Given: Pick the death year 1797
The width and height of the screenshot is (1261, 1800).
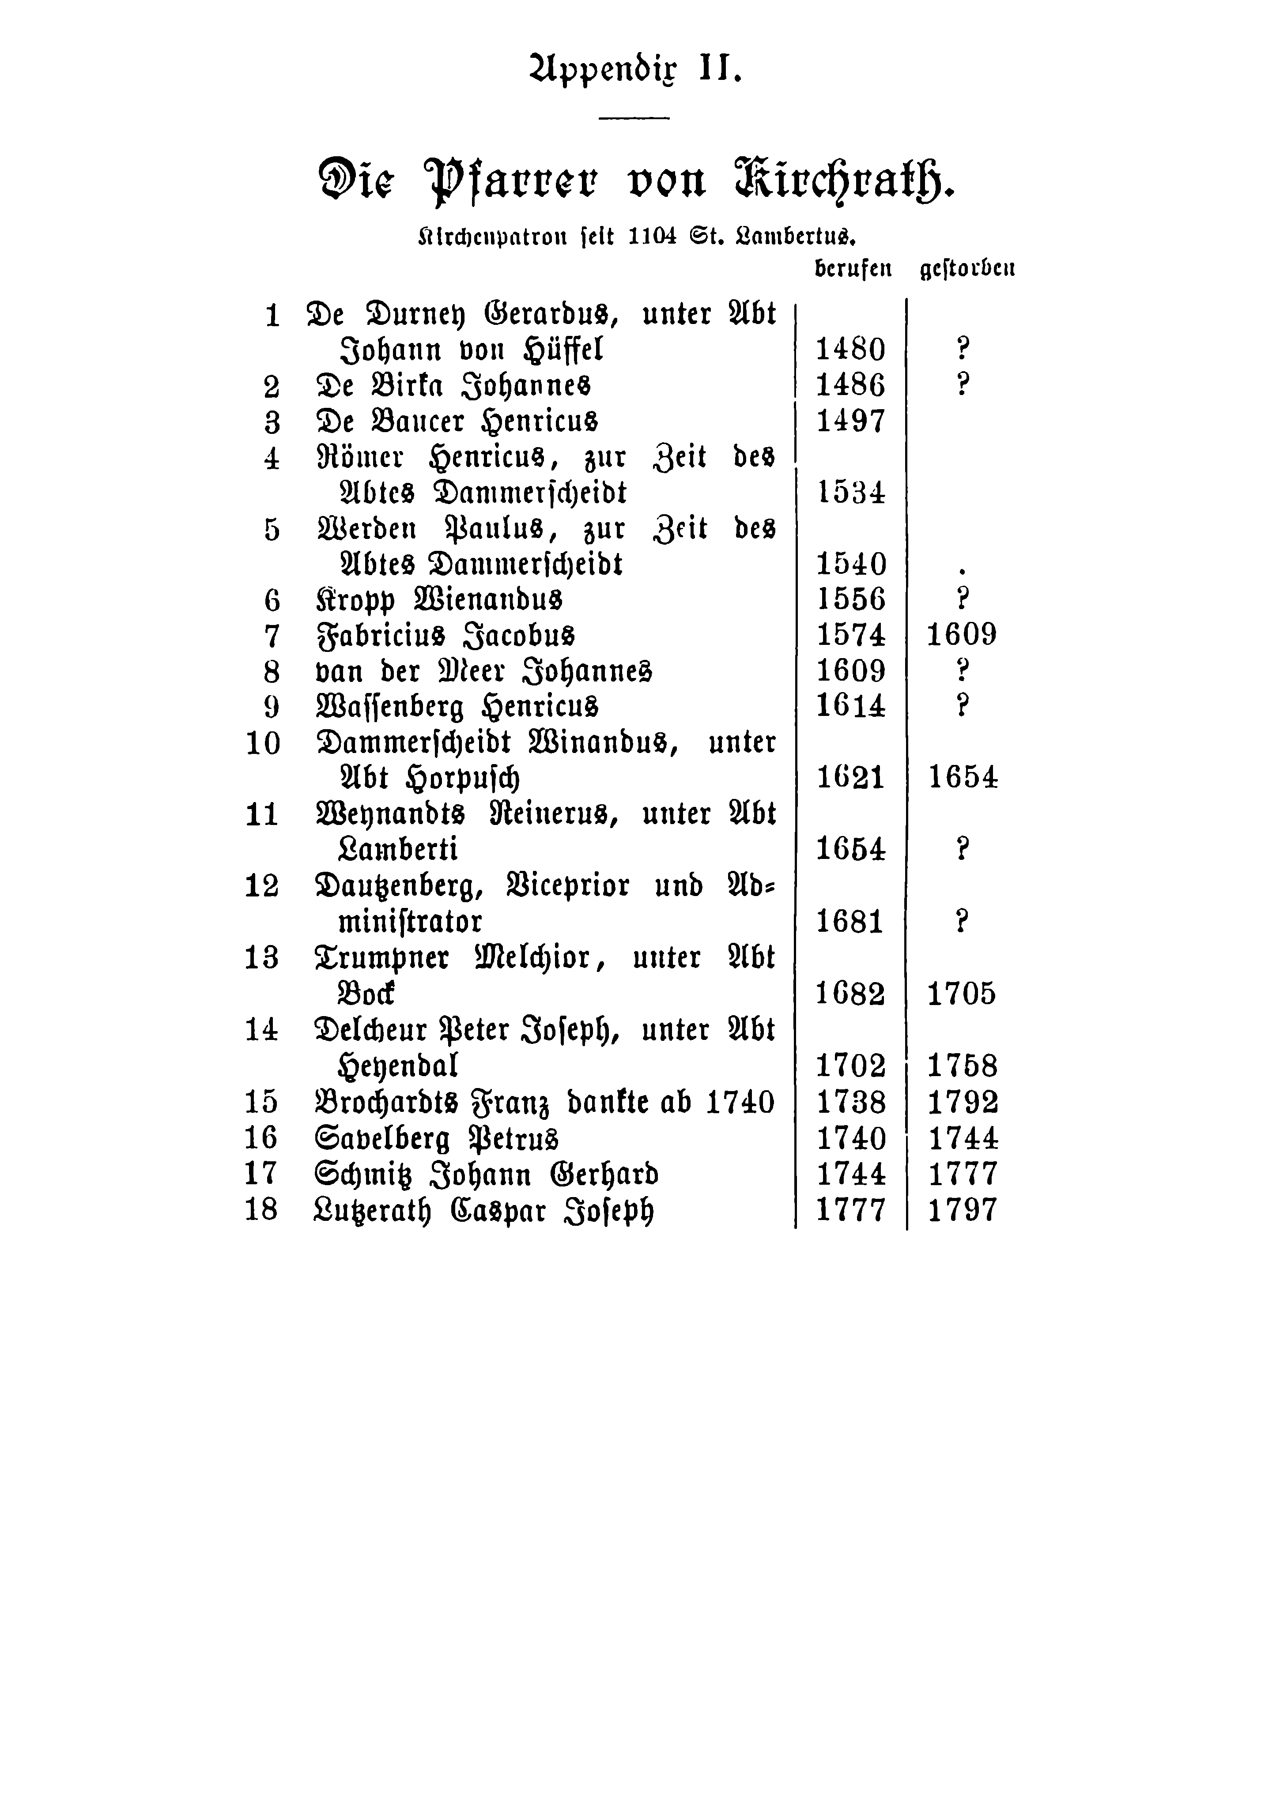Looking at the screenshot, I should pos(962,1210).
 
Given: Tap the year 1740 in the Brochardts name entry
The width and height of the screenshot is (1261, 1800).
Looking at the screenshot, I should pos(740,1102).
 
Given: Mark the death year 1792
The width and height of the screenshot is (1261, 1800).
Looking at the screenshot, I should pos(962,1102).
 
